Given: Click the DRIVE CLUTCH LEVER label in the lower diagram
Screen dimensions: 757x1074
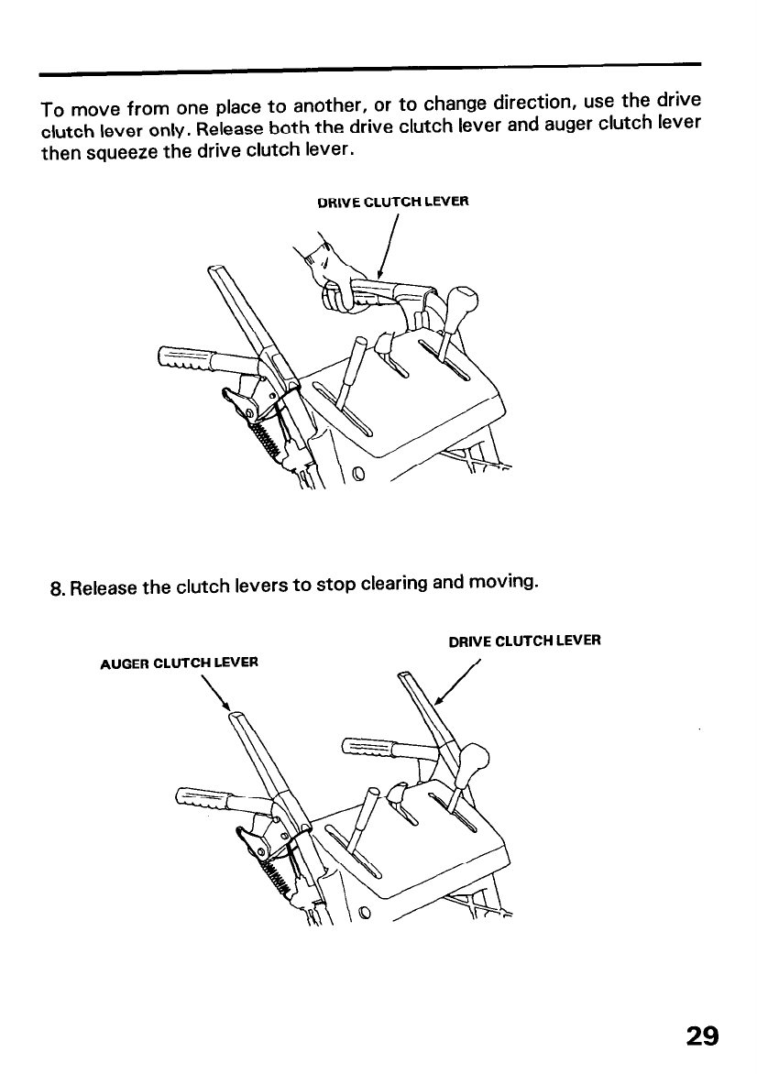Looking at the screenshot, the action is (524, 641).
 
